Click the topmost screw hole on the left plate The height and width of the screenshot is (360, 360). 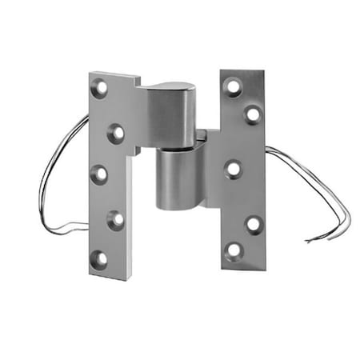[100, 88]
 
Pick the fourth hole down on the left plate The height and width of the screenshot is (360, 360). [116, 218]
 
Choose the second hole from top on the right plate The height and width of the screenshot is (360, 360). [253, 114]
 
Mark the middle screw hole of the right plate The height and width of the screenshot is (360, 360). [234, 169]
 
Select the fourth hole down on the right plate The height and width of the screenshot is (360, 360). [254, 223]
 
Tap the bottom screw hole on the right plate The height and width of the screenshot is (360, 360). [234, 251]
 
